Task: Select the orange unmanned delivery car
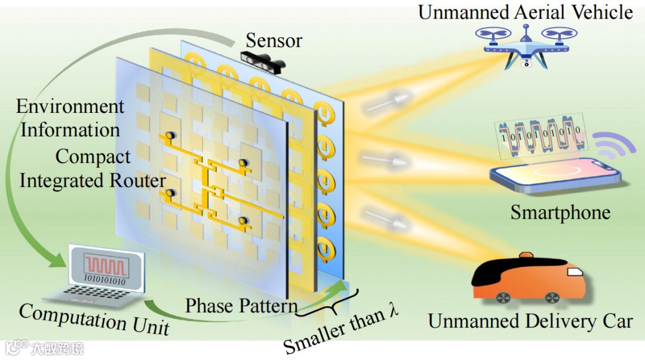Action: click(x=528, y=276)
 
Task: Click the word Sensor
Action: click(x=274, y=41)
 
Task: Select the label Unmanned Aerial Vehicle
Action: click(x=525, y=12)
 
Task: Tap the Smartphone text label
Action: click(x=560, y=213)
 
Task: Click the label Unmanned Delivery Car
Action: click(x=530, y=321)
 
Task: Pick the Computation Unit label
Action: click(x=94, y=319)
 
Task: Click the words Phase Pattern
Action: click(x=241, y=306)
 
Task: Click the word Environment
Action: click(x=70, y=107)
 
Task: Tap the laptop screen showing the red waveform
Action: click(x=107, y=266)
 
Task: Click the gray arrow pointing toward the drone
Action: click(x=388, y=101)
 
